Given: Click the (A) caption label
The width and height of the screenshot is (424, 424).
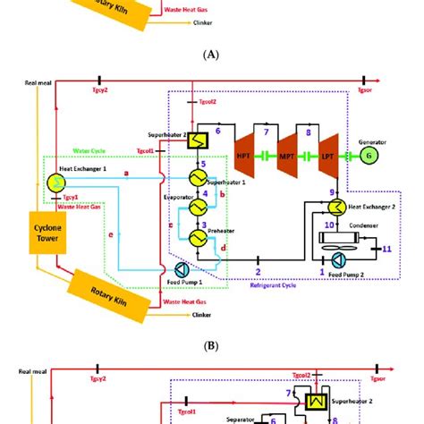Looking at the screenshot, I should click(212, 54).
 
